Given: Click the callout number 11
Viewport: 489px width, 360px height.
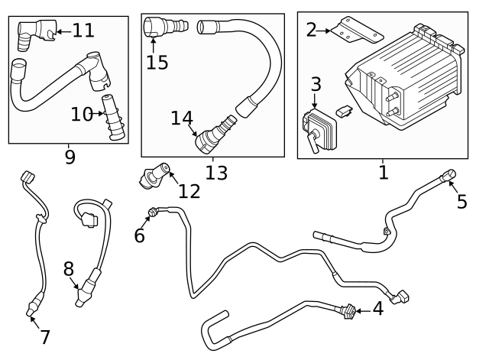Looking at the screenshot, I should (83, 31).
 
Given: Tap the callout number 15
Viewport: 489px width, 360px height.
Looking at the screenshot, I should (157, 62).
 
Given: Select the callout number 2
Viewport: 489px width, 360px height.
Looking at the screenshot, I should (311, 30).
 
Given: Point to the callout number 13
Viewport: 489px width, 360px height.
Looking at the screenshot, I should (216, 173).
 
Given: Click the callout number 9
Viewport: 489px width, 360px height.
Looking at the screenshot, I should (70, 157).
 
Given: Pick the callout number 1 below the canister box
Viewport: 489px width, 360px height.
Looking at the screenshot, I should (383, 172).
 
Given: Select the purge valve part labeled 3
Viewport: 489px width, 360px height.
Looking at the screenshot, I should (316, 126).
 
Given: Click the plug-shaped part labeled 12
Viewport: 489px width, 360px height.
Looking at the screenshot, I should (152, 175).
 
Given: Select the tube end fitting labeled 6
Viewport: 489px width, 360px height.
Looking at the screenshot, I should (154, 213).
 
